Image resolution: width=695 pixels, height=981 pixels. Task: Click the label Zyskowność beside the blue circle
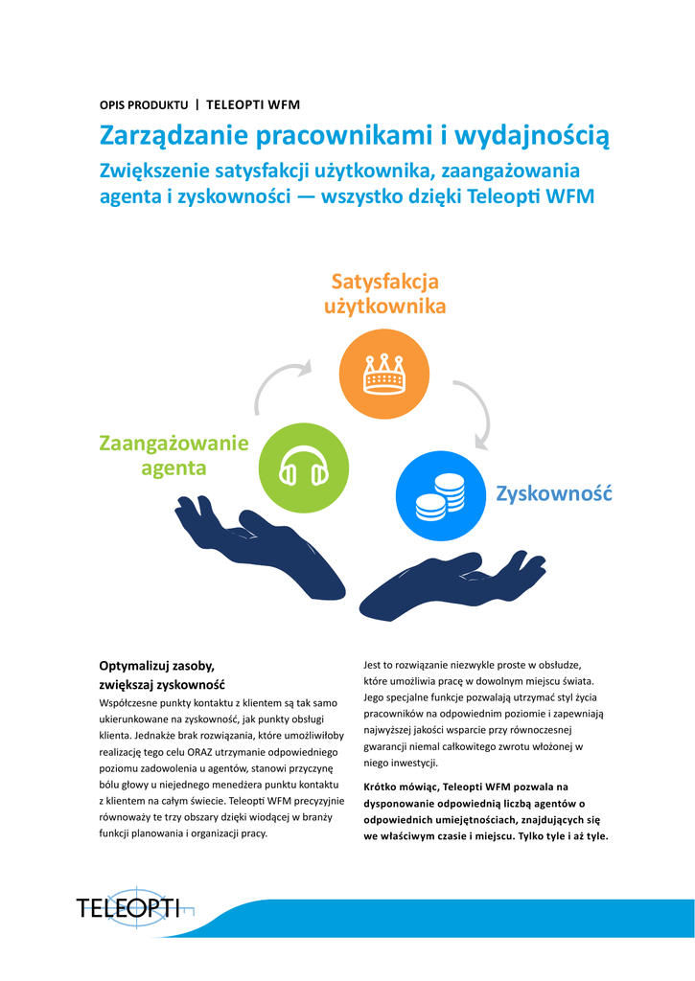(553, 493)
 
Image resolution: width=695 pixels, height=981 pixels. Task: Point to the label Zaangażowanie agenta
(174, 455)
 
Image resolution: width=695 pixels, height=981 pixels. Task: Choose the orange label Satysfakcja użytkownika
(384, 294)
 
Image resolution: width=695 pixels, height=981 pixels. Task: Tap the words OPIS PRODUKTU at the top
(144, 104)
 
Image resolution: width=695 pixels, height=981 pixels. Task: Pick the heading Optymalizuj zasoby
(157, 665)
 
